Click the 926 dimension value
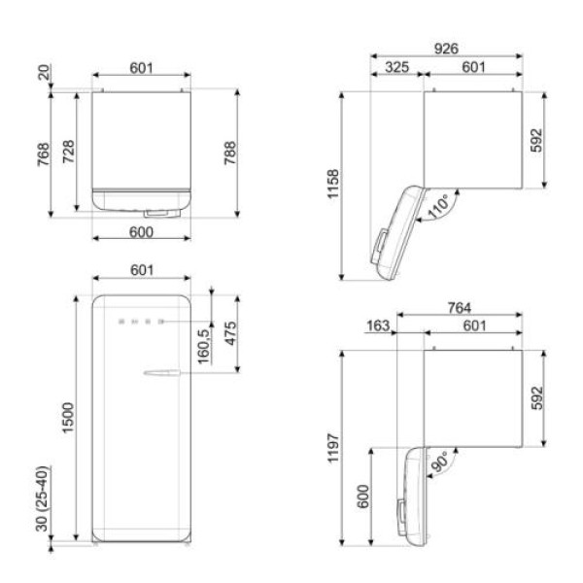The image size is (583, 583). click(446, 49)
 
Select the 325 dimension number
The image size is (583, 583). click(396, 67)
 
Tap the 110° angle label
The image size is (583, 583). click(439, 207)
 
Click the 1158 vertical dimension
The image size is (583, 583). click(333, 184)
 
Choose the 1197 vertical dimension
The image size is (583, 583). click(333, 448)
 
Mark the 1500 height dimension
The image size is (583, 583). click(68, 418)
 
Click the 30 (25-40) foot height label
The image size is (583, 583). click(43, 498)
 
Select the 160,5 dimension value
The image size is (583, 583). click(204, 347)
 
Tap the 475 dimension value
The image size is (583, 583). click(230, 333)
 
